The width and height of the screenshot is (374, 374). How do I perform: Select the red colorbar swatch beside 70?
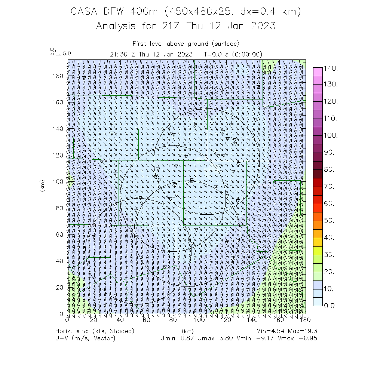[318, 183]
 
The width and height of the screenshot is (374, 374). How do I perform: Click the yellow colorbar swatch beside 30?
[318, 251]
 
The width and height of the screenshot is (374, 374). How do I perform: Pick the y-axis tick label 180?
[59, 76]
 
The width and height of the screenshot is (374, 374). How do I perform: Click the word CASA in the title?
[83, 12]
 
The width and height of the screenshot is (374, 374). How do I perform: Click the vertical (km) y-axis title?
[42, 186]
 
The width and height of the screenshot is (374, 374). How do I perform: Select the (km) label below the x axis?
[187, 331]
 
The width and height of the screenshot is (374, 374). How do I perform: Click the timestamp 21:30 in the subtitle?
[119, 54]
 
